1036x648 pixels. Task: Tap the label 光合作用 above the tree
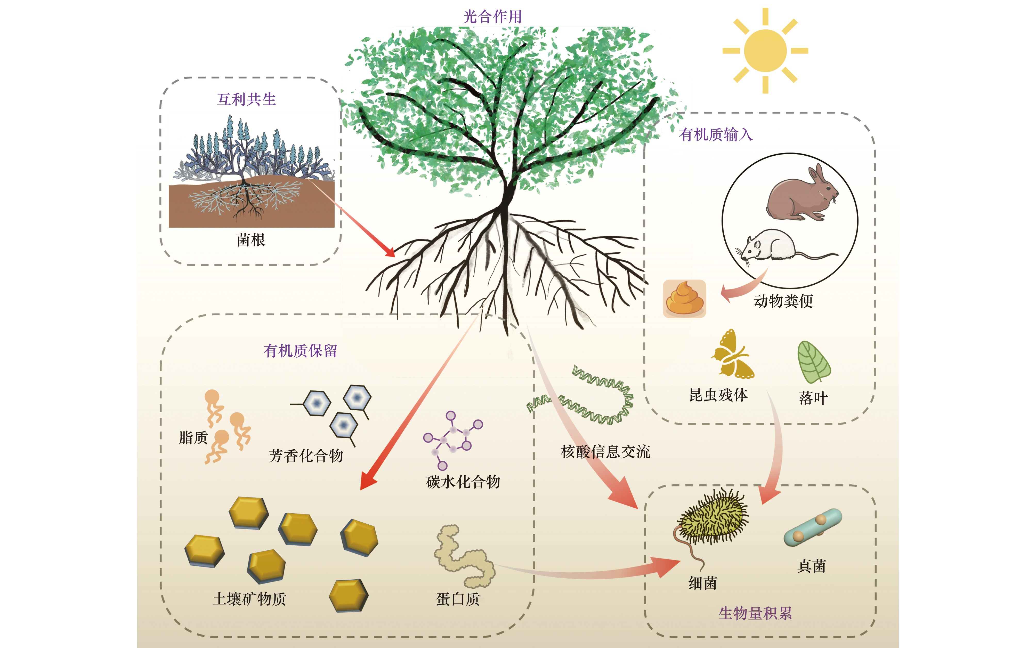tap(492, 17)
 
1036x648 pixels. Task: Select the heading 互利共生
tap(246, 99)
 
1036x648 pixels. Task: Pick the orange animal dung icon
tap(684, 299)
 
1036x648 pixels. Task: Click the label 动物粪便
tap(783, 301)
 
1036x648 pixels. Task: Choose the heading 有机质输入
tap(716, 134)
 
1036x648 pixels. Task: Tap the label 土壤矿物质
tap(249, 599)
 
